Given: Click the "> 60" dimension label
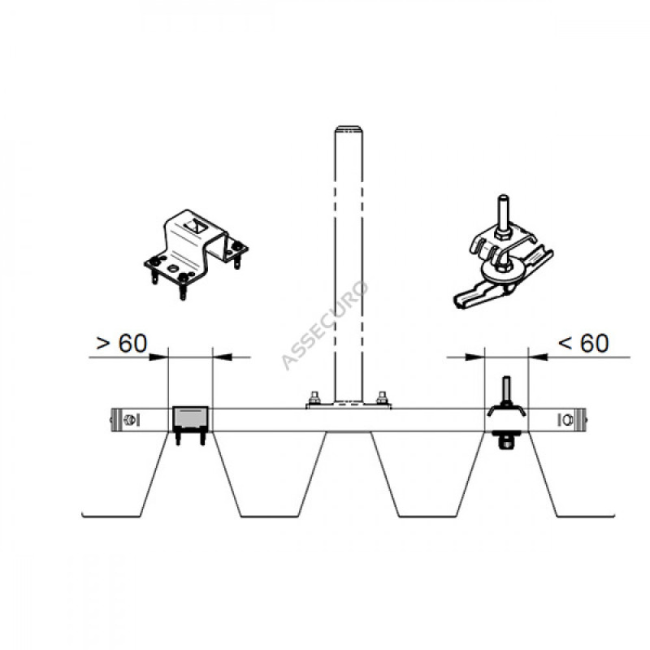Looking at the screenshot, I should coord(122,344).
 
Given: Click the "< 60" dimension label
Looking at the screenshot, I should coord(583,344).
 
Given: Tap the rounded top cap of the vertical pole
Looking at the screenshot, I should coord(349,128).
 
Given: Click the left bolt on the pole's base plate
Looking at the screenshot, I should coord(314,398).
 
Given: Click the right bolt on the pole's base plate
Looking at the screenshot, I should coord(382,398).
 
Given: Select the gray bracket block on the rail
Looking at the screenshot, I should coord(189,419).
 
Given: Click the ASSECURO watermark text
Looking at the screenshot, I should coord(325,325).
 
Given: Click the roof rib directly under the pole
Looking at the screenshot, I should coord(349,471).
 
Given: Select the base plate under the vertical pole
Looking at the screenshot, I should coord(349,405).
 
